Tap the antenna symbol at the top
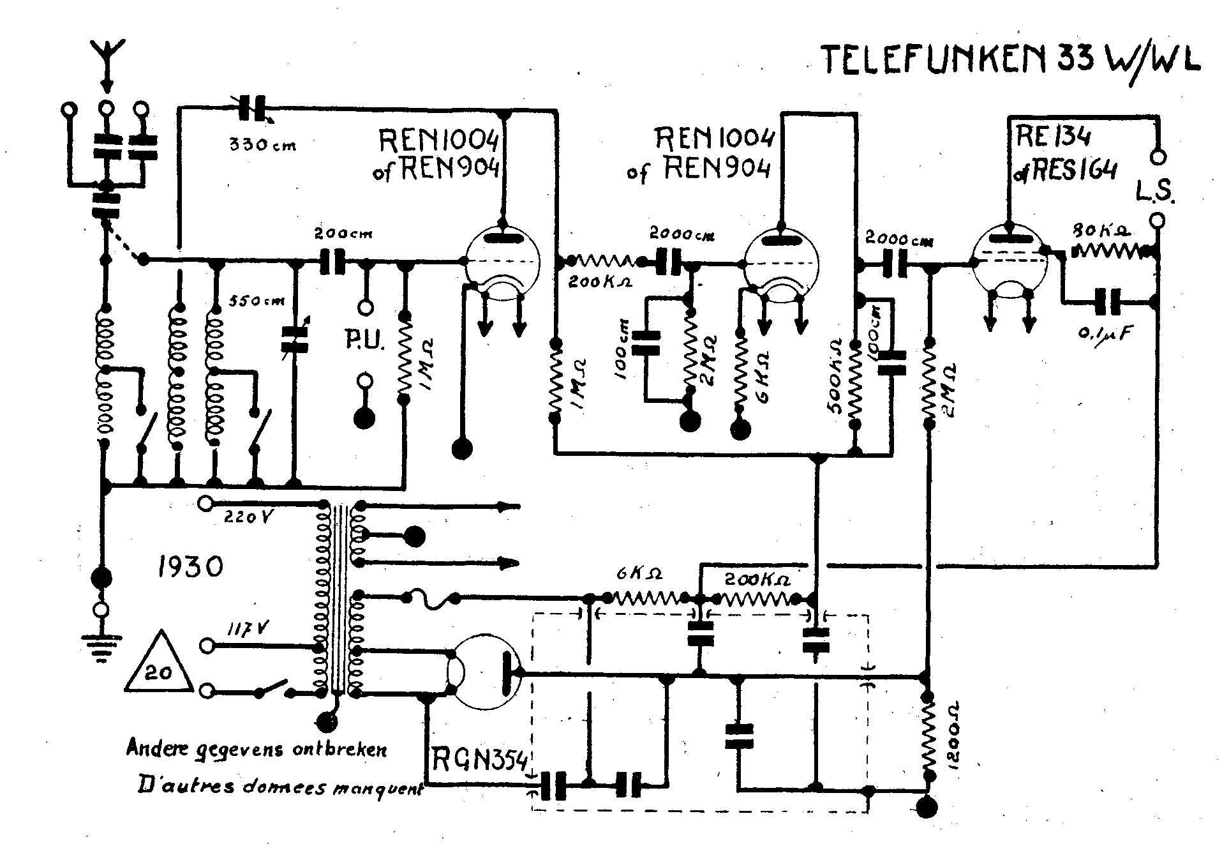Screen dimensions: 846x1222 click(x=107, y=54)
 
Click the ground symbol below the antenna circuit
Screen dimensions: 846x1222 click(x=100, y=649)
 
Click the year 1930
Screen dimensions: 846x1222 click(x=190, y=566)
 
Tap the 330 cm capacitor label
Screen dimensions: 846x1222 click(x=263, y=145)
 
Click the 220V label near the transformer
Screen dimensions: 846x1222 click(x=249, y=517)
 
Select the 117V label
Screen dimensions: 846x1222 click(x=248, y=628)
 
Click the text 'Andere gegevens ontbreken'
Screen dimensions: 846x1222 click(x=257, y=748)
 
